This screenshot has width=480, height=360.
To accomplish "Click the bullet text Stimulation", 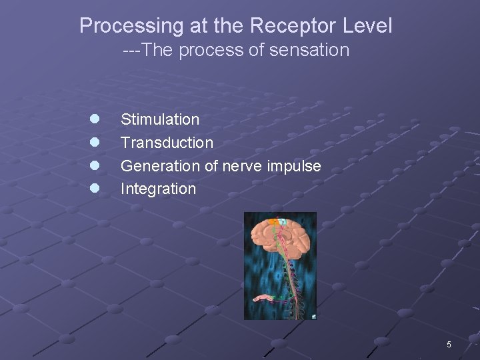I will (x=159, y=120).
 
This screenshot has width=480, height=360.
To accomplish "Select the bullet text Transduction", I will (x=167, y=143).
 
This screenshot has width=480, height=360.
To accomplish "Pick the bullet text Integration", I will (x=158, y=189).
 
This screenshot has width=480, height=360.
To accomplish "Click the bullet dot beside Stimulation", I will (x=95, y=119).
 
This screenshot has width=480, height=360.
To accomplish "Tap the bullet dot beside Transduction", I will (x=95, y=142).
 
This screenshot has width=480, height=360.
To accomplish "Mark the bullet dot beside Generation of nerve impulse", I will (x=95, y=165).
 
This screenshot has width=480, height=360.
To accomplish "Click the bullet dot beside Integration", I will (x=95, y=188).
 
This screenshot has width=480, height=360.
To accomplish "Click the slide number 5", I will (x=449, y=345).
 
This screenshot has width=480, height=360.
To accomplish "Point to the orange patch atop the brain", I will (x=273, y=221).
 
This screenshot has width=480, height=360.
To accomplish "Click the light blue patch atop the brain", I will (x=283, y=221).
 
